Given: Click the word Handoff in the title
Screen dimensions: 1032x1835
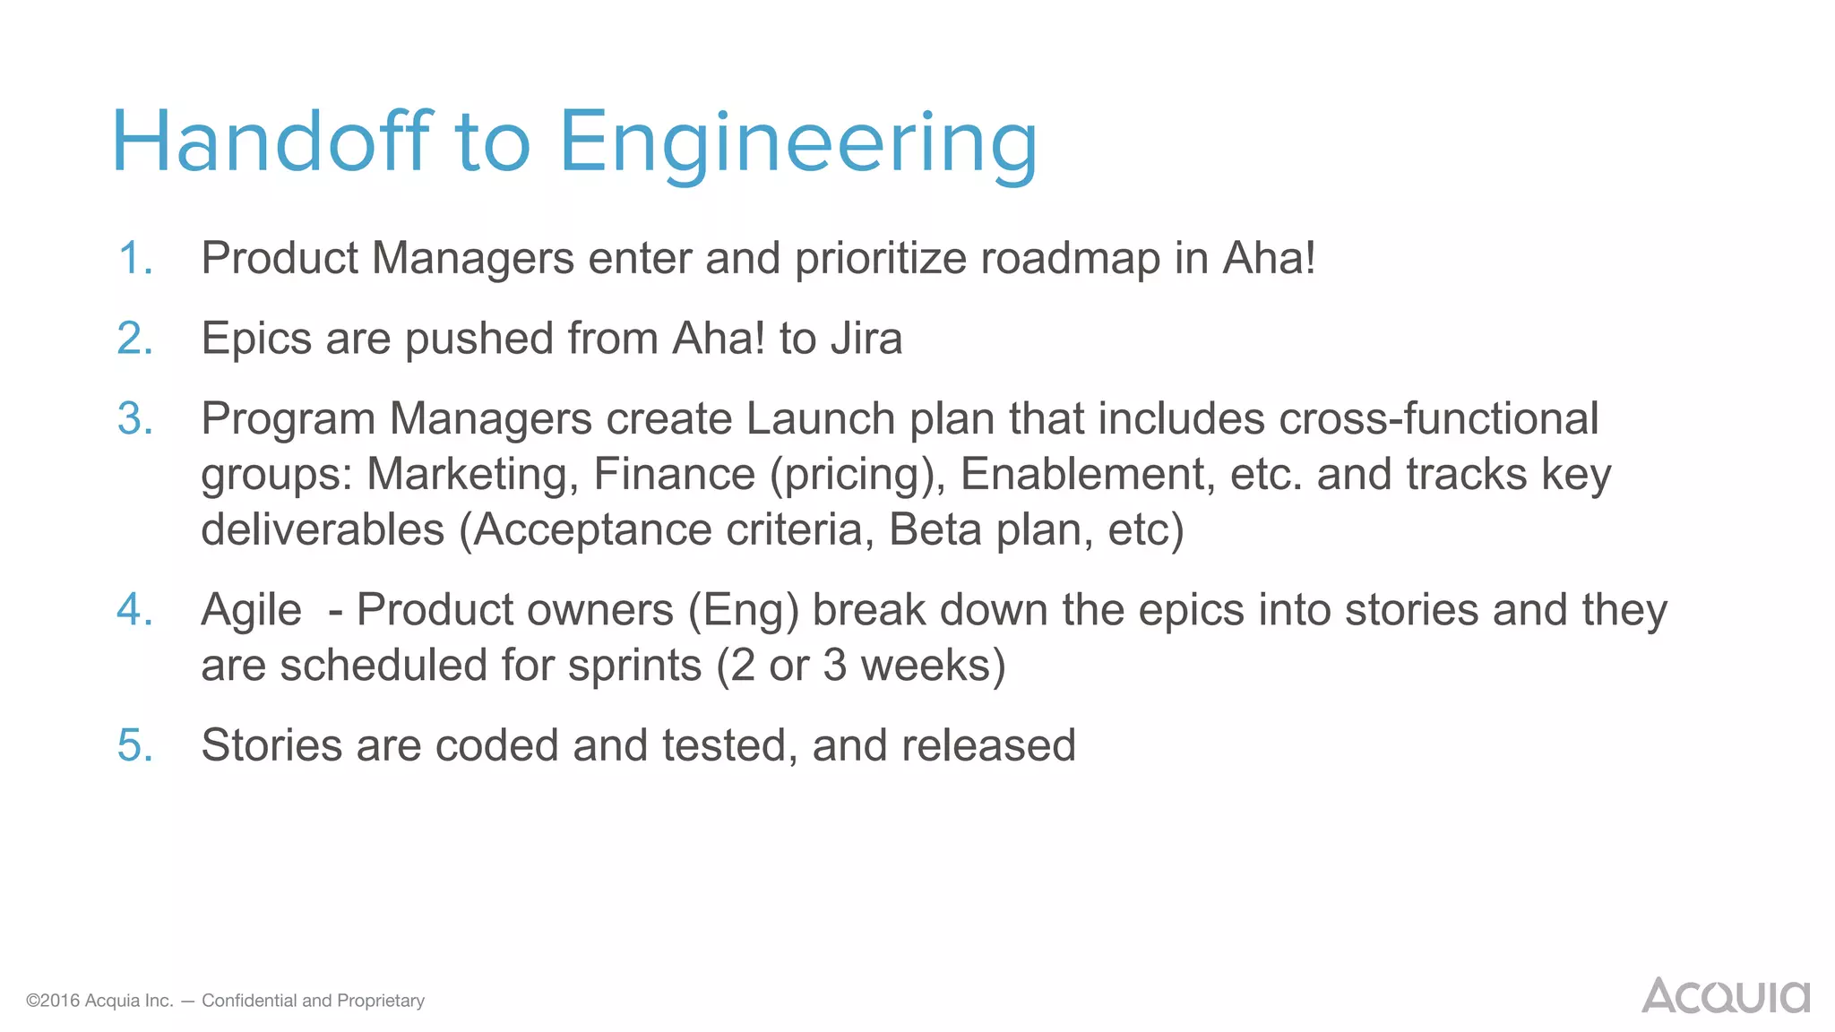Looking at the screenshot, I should click(271, 142).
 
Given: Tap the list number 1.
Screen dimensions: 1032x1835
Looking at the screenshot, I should click(134, 259).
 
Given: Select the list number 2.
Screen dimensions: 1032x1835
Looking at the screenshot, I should click(134, 340).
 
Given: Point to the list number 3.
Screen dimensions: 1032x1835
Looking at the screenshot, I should click(134, 419).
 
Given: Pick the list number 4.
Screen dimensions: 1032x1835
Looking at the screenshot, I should click(134, 611).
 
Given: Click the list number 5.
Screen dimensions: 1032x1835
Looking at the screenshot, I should click(134, 746).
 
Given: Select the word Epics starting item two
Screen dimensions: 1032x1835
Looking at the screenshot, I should click(256, 340).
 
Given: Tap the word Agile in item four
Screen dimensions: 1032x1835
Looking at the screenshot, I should click(251, 611).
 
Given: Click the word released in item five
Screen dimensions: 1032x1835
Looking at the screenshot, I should click(988, 746).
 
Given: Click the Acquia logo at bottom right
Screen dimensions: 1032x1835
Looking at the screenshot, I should click(1725, 996).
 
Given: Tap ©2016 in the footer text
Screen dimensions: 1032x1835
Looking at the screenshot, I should click(53, 1001).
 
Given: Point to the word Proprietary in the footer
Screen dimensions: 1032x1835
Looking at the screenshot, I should click(381, 1001).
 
